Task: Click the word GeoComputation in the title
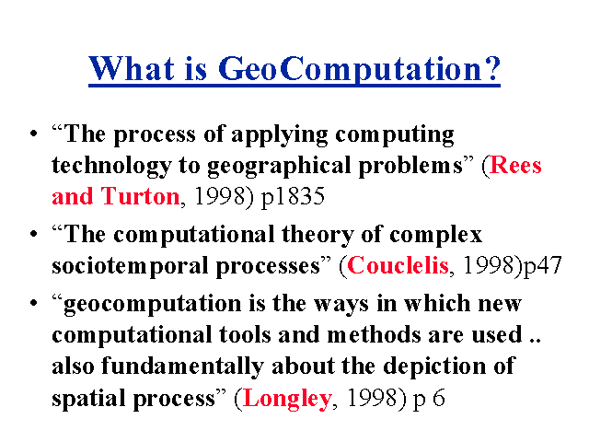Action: click(350, 70)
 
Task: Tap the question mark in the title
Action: click(491, 67)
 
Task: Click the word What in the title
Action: click(132, 68)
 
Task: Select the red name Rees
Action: click(515, 165)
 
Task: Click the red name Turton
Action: click(141, 196)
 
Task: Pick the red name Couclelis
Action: click(398, 265)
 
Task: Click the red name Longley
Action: click(287, 400)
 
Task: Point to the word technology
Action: click(111, 166)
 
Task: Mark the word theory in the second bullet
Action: click(318, 236)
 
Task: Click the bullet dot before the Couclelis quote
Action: click(34, 234)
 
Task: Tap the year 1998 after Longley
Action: click(372, 399)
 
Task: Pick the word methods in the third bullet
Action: click(375, 334)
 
